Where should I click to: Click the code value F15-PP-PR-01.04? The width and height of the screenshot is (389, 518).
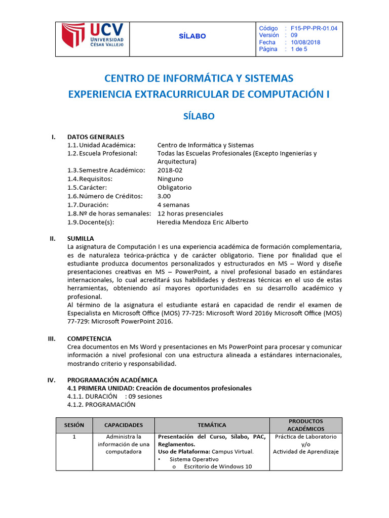coord(314,28)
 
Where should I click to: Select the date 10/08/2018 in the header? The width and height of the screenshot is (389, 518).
coord(305,42)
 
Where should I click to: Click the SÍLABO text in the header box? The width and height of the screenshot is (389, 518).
coord(192,36)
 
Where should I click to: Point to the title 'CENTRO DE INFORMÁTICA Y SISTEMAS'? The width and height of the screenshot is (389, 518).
coord(199,78)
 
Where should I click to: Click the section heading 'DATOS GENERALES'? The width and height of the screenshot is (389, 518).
coord(95,137)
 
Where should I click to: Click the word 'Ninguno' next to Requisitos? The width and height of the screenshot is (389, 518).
coord(170,179)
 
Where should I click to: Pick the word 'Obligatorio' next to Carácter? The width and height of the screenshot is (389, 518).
coord(174,187)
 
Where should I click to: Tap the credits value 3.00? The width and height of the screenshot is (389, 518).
coord(164,196)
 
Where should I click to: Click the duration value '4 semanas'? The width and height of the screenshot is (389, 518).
coord(173,205)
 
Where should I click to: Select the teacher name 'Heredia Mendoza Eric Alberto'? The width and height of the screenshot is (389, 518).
coord(203,222)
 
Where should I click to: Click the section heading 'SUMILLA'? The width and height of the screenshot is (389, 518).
coord(80,238)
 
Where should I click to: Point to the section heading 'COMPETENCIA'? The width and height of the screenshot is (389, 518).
coord(89,338)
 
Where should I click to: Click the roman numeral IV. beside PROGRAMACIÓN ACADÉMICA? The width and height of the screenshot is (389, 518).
coord(51,379)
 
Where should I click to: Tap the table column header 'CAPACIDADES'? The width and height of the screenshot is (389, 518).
coord(124,425)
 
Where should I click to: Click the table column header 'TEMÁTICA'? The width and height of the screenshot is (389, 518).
coord(212,425)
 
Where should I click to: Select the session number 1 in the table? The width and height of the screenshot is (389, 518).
coord(74,437)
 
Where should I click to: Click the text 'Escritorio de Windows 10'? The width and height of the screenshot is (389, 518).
coord(218,466)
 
